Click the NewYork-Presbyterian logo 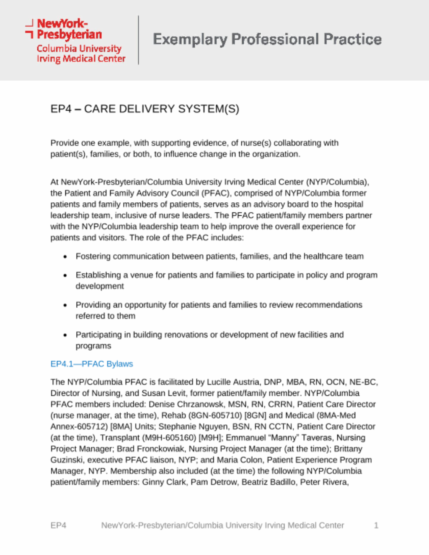(x=75, y=41)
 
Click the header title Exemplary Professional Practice (x=267, y=39)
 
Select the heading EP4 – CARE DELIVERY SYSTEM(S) (x=145, y=109)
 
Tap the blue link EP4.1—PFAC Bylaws (x=91, y=364)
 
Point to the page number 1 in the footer (x=376, y=525)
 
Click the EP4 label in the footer (x=58, y=525)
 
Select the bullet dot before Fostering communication (x=65, y=257)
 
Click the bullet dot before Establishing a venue (x=65, y=276)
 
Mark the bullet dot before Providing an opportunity (x=65, y=305)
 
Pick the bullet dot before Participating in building (x=65, y=335)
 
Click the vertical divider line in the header (x=139, y=40)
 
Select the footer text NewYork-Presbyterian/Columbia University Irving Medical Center (x=222, y=525)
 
